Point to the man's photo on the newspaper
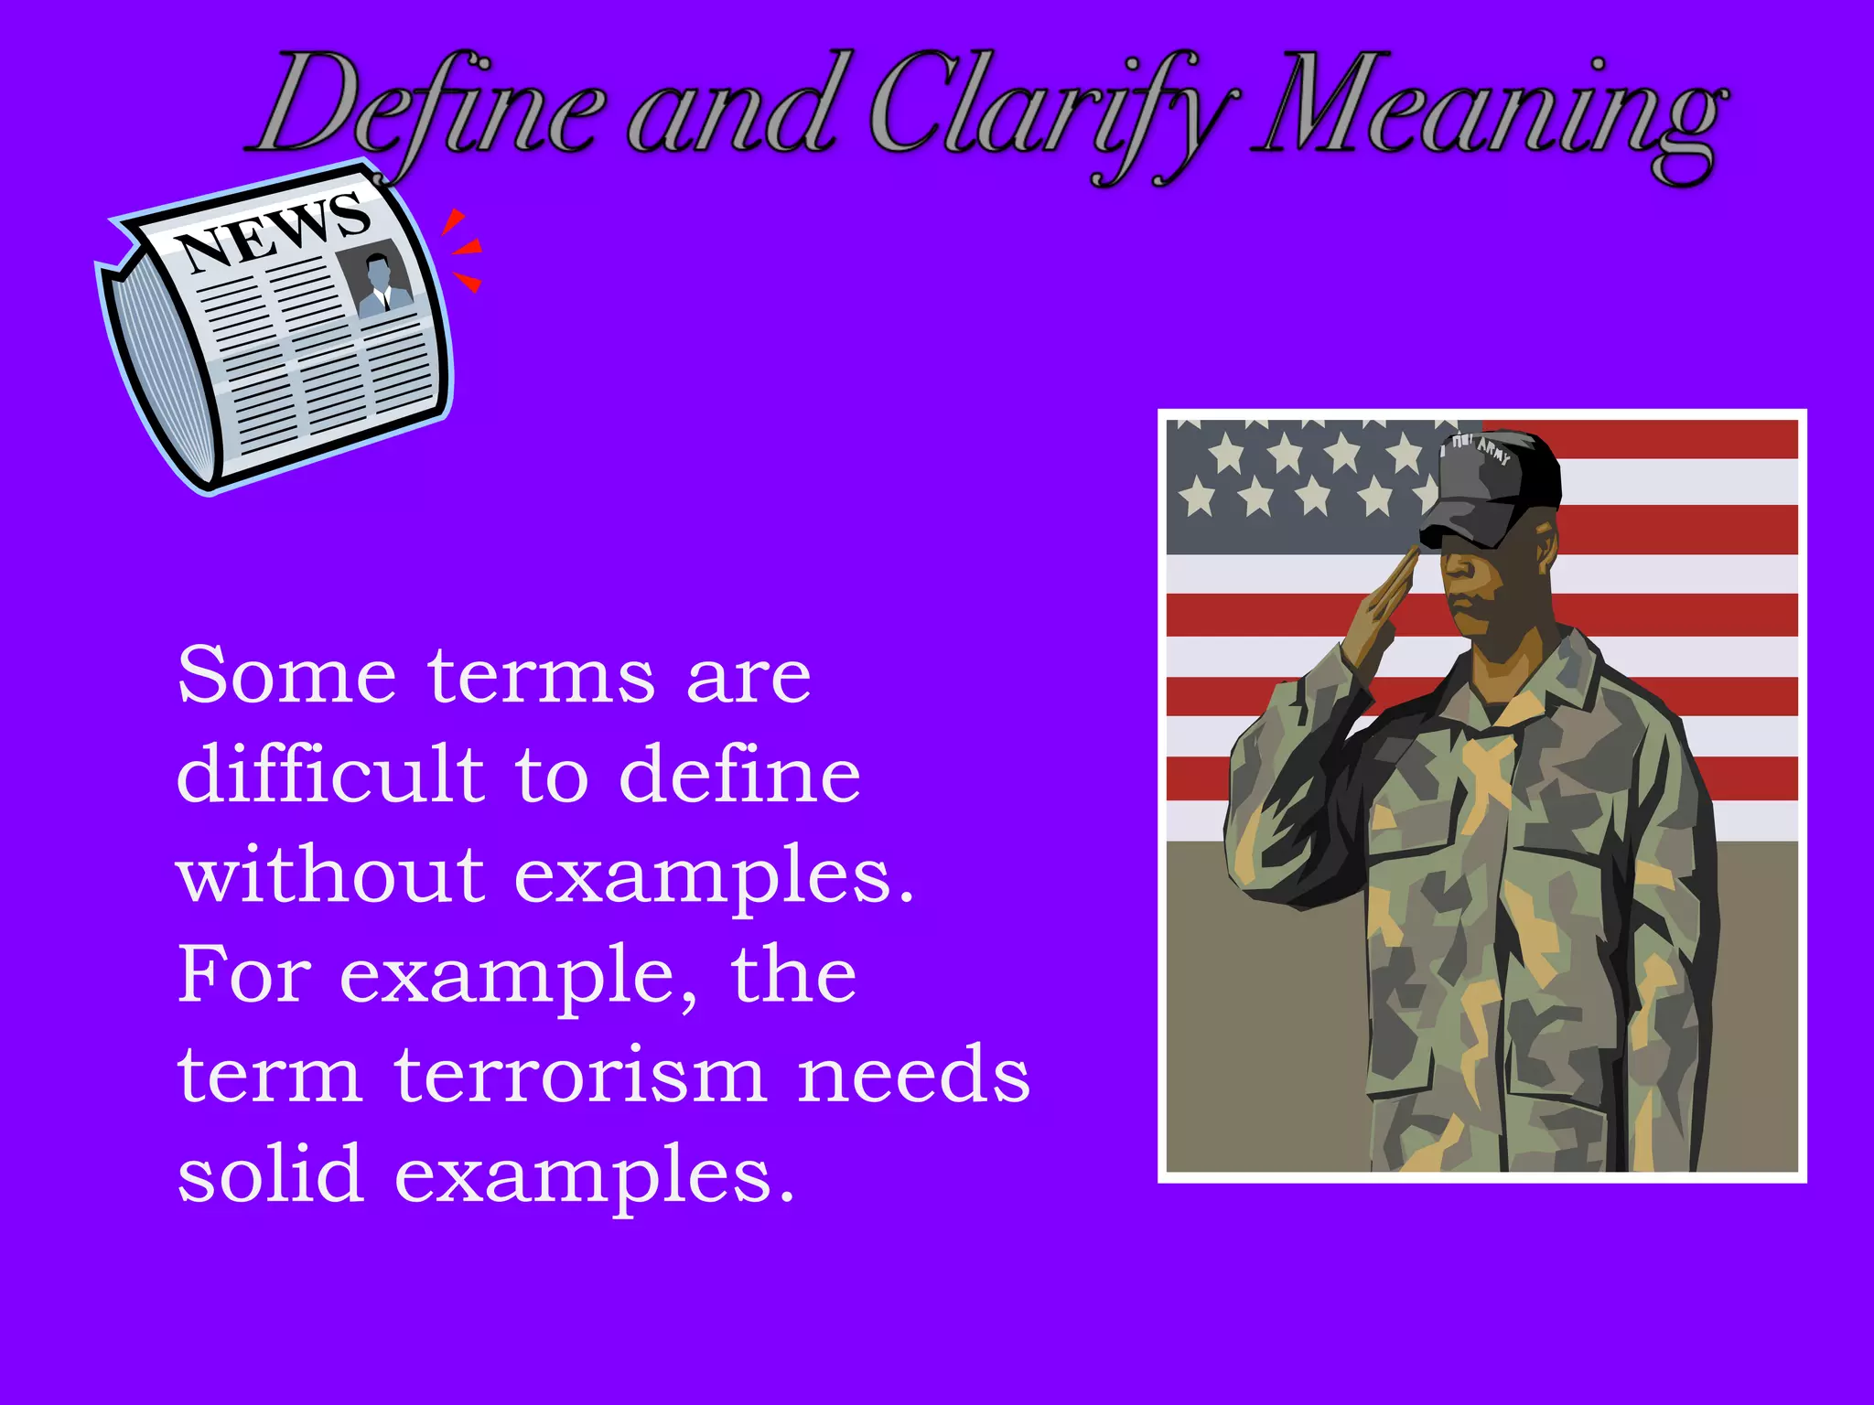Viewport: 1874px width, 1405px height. coord(377,279)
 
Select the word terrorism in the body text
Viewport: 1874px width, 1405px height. coord(580,1076)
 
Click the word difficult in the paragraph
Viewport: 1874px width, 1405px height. coord(329,776)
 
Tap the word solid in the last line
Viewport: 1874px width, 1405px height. coord(270,1174)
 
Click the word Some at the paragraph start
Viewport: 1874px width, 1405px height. coord(285,677)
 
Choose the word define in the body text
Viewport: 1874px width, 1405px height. coord(739,776)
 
